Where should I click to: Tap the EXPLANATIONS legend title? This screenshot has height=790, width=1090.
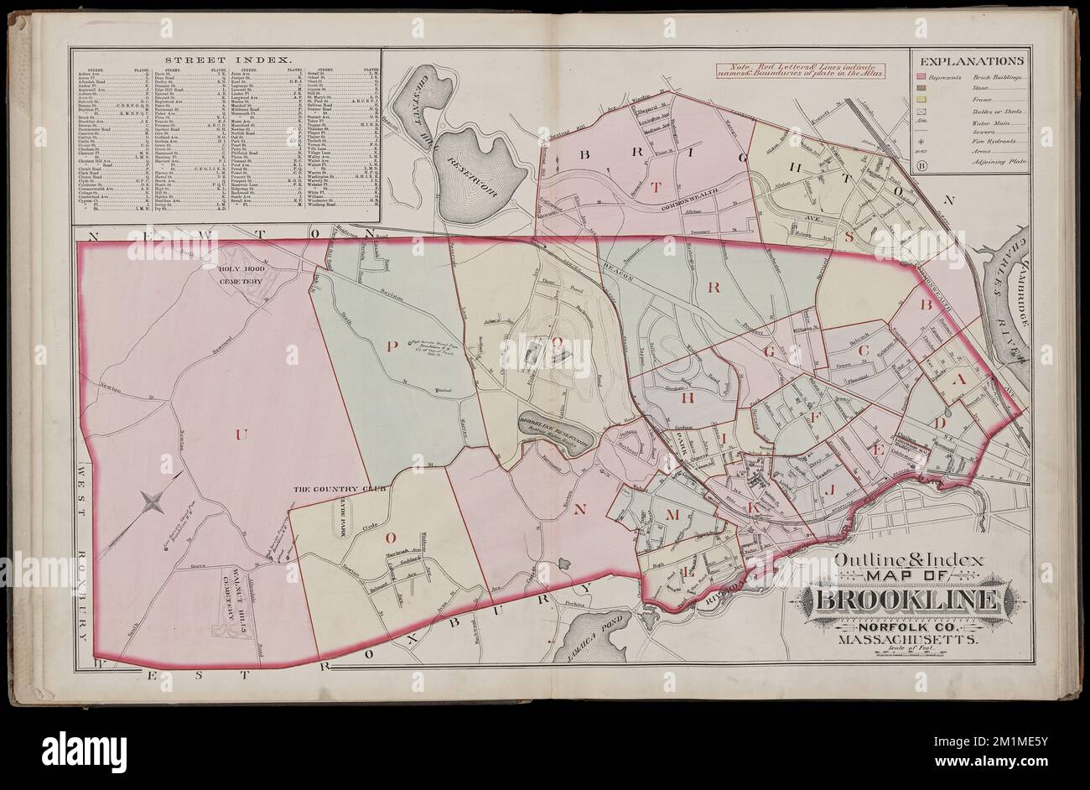point(971,61)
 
